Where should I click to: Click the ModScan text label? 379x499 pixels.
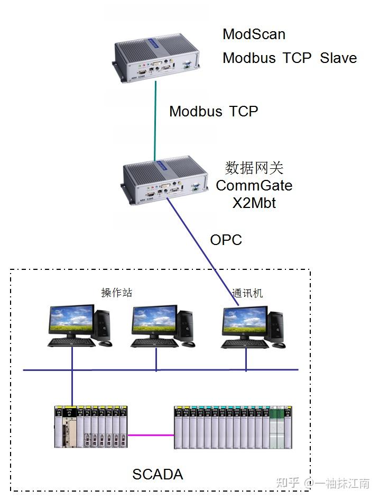pyautogui.click(x=254, y=34)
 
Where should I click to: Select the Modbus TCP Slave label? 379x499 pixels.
pyautogui.click(x=289, y=58)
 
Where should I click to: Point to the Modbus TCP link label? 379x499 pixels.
pyautogui.click(x=214, y=111)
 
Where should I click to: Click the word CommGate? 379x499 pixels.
pyautogui.click(x=254, y=186)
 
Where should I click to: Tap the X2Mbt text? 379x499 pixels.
pyautogui.click(x=254, y=203)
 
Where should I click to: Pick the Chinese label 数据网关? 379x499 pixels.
pyautogui.click(x=254, y=168)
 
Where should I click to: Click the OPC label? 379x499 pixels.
pyautogui.click(x=226, y=240)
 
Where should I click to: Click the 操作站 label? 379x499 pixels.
pyautogui.click(x=116, y=293)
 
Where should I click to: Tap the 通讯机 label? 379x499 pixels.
pyautogui.click(x=247, y=293)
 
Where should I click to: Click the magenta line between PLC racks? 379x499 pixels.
pyautogui.click(x=151, y=436)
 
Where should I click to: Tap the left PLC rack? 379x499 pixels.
pyautogui.click(x=91, y=427)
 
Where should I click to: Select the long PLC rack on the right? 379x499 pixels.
pyautogui.click(x=233, y=427)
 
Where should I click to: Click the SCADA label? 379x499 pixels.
pyautogui.click(x=158, y=474)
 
